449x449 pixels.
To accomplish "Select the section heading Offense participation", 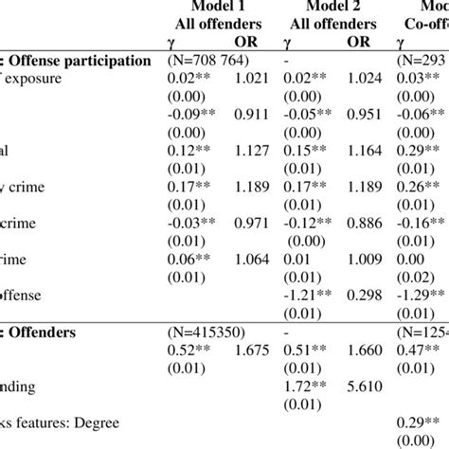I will click(66, 60).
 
